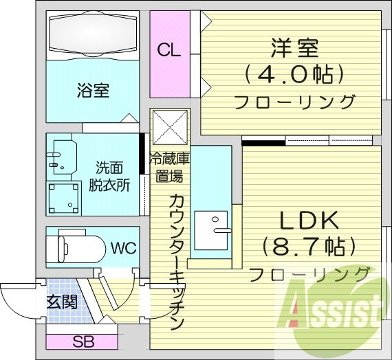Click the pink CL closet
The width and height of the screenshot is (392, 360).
(x=168, y=49)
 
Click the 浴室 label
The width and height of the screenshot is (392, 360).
(x=94, y=90)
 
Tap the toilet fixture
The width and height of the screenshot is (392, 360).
(x=76, y=246)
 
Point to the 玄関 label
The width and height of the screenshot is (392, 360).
(x=61, y=302)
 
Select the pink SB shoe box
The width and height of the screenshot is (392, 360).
(x=82, y=341)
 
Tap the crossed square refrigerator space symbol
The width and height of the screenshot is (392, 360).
(x=168, y=126)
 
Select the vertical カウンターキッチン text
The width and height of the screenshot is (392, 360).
(x=175, y=261)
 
